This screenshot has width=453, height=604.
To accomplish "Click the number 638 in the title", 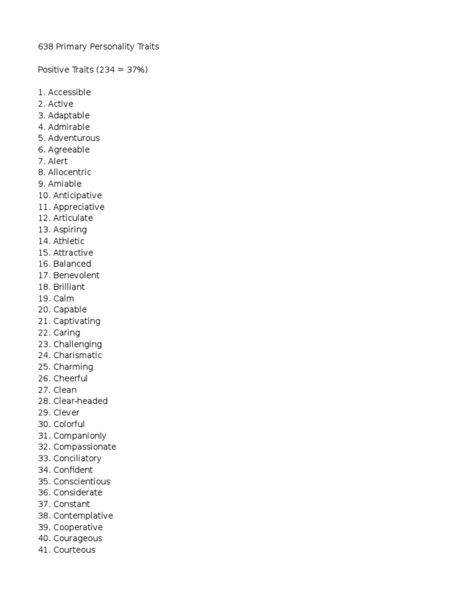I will (45, 47).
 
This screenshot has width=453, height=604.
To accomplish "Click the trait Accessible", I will (70, 92).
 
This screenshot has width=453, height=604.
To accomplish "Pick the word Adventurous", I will (74, 138).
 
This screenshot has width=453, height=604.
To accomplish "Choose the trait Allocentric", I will (70, 172).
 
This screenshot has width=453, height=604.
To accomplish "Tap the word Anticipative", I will (77, 195).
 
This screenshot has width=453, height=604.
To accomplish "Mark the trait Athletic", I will (69, 241).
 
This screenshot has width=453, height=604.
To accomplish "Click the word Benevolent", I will (77, 275).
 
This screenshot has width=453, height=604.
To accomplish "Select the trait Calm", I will (64, 298).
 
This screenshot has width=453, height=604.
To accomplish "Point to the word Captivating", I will (77, 321).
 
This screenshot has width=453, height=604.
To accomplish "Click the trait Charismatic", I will (78, 355).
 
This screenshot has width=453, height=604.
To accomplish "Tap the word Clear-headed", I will (81, 401).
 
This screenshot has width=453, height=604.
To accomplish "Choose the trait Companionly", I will (80, 435).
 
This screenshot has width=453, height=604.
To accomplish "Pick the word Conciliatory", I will (77, 458).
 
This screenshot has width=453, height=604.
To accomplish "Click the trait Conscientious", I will (82, 481).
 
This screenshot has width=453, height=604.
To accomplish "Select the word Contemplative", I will (83, 516).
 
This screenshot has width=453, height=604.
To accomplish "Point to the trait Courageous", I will (78, 538).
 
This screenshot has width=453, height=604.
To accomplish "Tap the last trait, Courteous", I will (74, 550).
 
